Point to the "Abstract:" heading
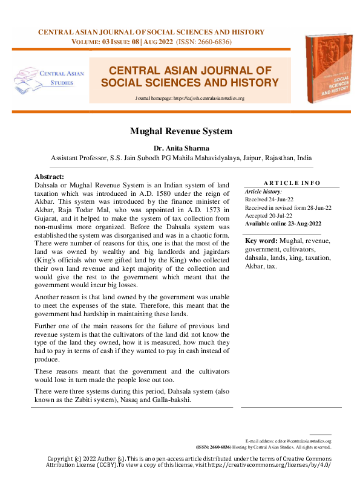click(x=50, y=176)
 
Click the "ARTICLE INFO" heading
click(x=292, y=183)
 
